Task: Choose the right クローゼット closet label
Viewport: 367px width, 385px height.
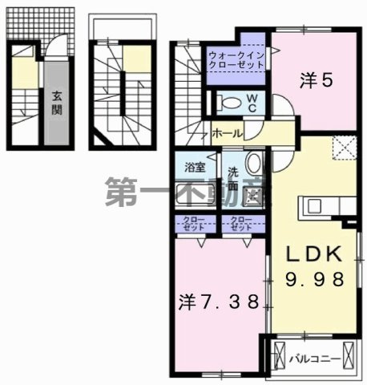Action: click(x=240, y=223)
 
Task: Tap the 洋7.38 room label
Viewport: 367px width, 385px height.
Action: click(x=219, y=302)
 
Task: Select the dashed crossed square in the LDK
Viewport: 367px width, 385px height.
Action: click(x=342, y=148)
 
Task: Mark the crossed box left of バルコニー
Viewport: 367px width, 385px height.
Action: click(x=279, y=355)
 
